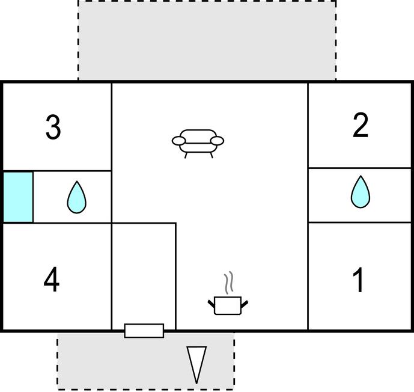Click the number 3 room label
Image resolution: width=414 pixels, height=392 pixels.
[53, 127]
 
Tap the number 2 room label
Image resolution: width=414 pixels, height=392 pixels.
[361, 126]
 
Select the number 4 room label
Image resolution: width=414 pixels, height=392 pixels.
[52, 280]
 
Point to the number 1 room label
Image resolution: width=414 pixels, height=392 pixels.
[359, 280]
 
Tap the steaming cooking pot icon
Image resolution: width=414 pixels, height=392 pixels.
[228, 304]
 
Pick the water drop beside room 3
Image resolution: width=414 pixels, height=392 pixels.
[76, 197]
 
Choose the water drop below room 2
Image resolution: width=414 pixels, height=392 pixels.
[360, 192]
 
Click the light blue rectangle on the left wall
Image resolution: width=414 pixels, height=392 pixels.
[18, 197]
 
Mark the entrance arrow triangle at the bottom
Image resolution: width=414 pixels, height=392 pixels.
[196, 363]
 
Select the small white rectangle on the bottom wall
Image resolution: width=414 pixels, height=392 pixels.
[144, 330]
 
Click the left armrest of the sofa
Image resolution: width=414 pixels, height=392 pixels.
[179, 141]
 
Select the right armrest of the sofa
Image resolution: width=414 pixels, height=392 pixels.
[217, 141]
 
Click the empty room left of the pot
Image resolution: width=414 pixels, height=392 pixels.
[144, 274]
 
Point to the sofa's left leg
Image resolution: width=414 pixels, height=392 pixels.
[186, 155]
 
